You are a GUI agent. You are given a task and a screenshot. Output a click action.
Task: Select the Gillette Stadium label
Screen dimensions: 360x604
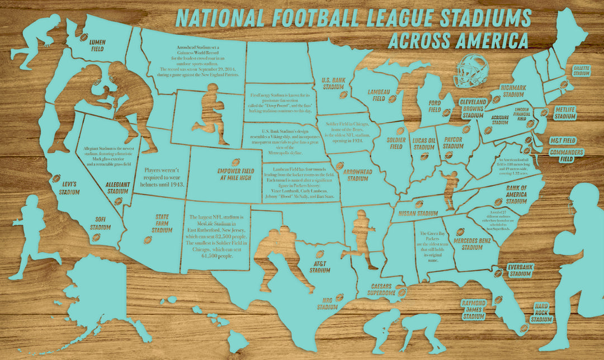(x=582, y=70)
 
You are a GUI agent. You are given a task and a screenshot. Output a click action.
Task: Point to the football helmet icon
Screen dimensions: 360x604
(x=469, y=71)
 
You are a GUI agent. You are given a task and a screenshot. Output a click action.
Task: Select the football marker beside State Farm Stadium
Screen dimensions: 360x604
(x=148, y=240)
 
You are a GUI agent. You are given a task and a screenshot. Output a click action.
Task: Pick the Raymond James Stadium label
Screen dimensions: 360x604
(x=473, y=309)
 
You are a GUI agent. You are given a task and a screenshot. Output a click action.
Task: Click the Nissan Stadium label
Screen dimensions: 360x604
(x=418, y=213)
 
